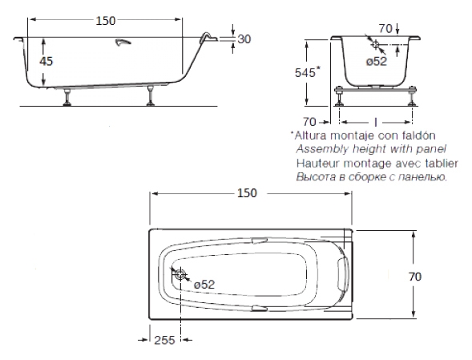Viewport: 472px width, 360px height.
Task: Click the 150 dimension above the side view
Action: click(105, 21)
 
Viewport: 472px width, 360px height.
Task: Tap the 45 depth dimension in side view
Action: click(46, 61)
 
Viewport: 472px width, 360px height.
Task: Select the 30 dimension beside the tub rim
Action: click(244, 39)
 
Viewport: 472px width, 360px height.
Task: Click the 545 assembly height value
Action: click(305, 73)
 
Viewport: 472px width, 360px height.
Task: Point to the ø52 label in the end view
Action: click(377, 61)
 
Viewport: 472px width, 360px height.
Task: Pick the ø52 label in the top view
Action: click(204, 284)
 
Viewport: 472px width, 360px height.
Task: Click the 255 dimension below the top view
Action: click(164, 340)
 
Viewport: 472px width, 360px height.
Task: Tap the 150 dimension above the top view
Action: click(247, 193)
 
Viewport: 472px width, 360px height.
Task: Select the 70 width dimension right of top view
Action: click(415, 277)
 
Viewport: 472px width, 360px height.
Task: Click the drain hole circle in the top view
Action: click(180, 274)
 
